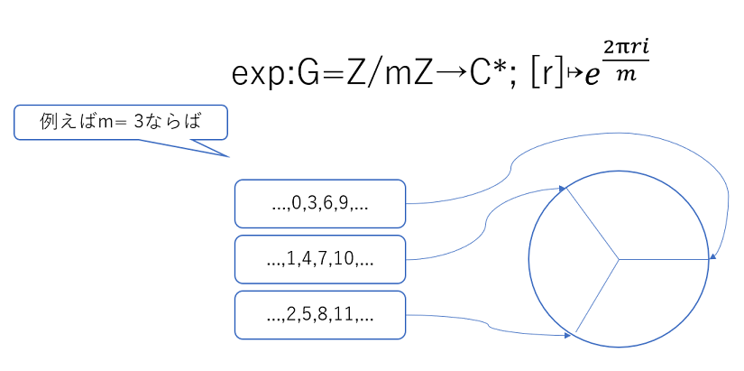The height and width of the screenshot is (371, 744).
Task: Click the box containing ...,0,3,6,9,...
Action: (x=320, y=204)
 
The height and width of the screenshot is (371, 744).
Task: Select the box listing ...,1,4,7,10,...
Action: (x=320, y=259)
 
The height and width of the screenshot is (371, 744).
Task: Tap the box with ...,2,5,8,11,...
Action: (x=320, y=315)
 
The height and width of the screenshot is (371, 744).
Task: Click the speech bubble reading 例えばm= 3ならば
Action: (x=121, y=123)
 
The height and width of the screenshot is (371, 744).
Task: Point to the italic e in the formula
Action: (x=592, y=76)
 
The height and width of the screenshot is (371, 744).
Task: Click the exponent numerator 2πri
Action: (x=626, y=50)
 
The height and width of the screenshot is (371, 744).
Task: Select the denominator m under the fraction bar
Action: (x=626, y=74)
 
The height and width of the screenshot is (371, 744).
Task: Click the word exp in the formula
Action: (x=260, y=76)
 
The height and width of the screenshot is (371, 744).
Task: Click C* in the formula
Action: (x=492, y=74)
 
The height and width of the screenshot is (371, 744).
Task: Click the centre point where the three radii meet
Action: (x=619, y=259)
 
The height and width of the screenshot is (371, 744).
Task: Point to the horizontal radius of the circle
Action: (x=664, y=259)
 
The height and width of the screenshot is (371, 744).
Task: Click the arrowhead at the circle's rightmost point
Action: (x=712, y=258)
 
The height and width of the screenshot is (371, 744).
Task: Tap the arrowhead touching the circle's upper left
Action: (x=562, y=189)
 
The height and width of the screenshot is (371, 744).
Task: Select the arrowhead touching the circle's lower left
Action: (x=567, y=336)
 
